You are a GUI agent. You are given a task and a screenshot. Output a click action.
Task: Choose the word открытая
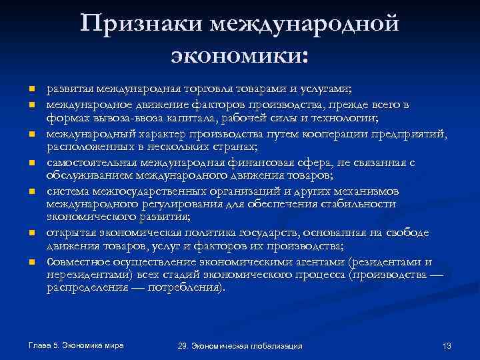tap(71, 233)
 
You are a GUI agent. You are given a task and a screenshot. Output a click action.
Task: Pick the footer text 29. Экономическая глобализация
tap(240, 346)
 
